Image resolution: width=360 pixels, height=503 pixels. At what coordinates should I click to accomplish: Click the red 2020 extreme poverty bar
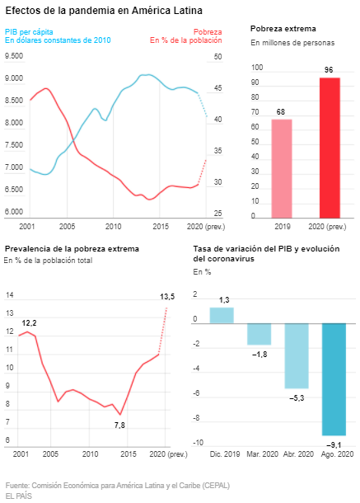coord(330,148)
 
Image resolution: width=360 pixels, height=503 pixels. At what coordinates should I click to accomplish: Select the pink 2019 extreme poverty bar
coord(282,169)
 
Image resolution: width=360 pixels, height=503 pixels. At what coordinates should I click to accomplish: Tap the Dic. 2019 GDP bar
coord(222,315)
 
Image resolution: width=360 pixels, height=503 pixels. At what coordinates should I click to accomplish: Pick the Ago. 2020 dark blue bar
coord(334,379)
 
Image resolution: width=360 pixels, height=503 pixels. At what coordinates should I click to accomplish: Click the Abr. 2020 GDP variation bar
coord(297,355)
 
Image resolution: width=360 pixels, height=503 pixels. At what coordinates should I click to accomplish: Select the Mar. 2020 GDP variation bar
coord(259,334)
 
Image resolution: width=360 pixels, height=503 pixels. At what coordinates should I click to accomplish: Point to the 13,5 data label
coord(167,297)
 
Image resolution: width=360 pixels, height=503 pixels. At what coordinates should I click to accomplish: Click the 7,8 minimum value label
coord(119,425)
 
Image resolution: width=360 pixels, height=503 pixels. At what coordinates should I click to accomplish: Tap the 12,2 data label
coord(29,323)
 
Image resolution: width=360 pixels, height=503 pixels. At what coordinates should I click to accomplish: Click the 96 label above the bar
coord(329,70)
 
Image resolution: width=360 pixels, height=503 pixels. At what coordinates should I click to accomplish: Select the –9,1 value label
coord(334,445)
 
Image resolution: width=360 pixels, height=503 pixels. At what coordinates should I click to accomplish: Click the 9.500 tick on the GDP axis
coord(14,56)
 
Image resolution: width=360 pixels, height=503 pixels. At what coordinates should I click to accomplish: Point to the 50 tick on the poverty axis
coord(217,56)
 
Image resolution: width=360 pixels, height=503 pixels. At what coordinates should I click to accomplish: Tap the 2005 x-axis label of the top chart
coord(67,227)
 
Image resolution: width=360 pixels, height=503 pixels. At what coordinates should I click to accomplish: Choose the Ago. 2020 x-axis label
coord(337,454)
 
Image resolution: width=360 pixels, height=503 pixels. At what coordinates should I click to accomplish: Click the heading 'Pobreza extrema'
coord(283,29)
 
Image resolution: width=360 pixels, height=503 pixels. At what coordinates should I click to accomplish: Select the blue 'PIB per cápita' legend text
coord(29,32)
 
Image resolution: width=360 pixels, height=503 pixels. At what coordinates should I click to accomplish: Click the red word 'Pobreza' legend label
coord(208,32)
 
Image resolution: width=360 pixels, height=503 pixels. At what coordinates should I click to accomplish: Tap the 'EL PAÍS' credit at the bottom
coord(19,496)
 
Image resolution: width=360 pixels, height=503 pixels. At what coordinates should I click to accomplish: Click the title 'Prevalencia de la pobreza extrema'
coord(72,249)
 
